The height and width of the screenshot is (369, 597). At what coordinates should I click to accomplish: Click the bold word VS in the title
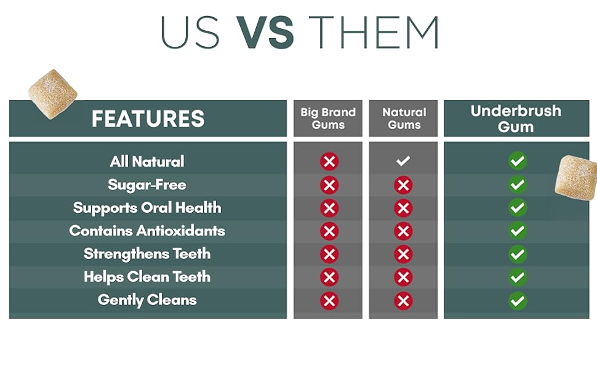coord(265,33)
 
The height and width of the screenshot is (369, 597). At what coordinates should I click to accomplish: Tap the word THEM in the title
coord(374,33)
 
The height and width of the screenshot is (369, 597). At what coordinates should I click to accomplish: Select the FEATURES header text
coord(148,118)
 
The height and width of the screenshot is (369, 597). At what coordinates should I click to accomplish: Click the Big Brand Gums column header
coord(328,118)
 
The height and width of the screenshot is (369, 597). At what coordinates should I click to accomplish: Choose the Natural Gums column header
coord(404,118)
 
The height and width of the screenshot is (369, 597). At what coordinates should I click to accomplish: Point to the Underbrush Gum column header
coord(516,118)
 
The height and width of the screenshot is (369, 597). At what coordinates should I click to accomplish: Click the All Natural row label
coord(147,161)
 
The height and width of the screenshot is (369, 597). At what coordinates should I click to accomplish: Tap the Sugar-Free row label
coord(147,184)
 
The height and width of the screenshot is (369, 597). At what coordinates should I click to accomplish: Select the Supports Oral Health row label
coord(147,208)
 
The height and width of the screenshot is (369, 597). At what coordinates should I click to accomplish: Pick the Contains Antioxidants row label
coord(147,231)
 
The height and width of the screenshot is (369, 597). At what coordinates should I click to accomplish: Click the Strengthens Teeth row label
coord(147,254)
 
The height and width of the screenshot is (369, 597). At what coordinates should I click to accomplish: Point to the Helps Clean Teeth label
coord(147,277)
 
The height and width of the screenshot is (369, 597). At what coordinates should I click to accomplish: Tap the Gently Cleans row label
coord(147,300)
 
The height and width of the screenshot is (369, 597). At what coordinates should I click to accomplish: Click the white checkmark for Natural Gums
coord(403,161)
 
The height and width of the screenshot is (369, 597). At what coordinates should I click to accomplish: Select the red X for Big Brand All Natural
coord(329,161)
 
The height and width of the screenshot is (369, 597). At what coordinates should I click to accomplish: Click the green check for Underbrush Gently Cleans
coord(518,301)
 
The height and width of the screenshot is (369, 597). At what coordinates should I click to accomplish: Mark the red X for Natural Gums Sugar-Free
coord(403,185)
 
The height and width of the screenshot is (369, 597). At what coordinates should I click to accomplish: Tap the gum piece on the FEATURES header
coord(52,94)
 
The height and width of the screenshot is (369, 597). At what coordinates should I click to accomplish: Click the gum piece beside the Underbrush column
coord(575,177)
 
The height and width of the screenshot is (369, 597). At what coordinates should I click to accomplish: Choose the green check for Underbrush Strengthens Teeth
coord(518,255)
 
